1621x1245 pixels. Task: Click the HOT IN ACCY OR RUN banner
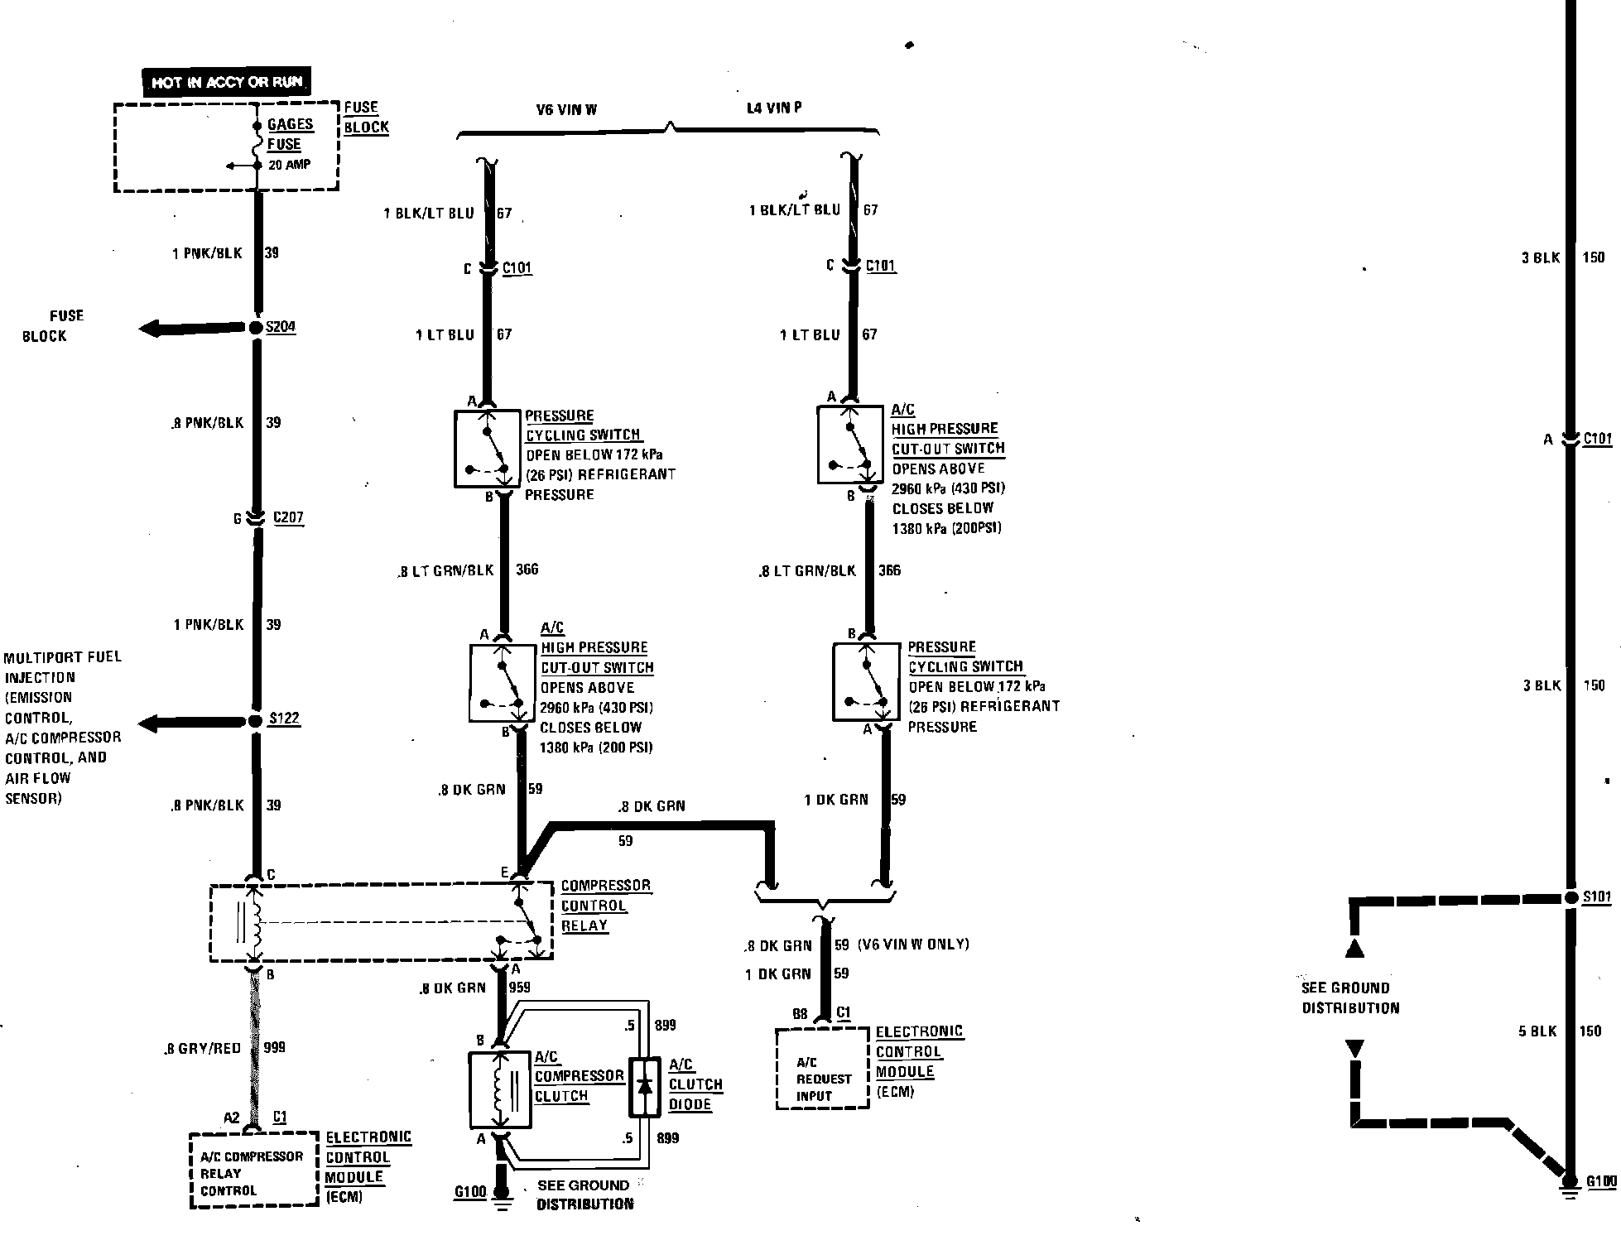226,83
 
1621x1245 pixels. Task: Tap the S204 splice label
281,327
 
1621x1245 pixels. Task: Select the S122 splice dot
256,721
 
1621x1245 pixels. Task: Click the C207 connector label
288,518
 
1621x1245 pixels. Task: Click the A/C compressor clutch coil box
499,1089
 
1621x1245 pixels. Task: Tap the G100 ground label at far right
1601,1181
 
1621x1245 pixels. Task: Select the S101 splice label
1597,897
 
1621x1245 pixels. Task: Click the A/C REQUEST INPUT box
822,1069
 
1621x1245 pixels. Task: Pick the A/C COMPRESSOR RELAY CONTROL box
253,1170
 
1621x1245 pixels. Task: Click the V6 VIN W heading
566,109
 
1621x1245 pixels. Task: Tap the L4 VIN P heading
774,108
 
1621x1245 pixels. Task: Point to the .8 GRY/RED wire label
202,1048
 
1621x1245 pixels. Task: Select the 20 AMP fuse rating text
289,165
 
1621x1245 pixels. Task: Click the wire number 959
519,987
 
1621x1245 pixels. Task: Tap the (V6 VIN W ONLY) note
913,944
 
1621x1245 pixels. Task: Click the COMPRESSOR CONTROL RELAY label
605,906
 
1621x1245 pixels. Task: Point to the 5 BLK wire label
1537,1031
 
